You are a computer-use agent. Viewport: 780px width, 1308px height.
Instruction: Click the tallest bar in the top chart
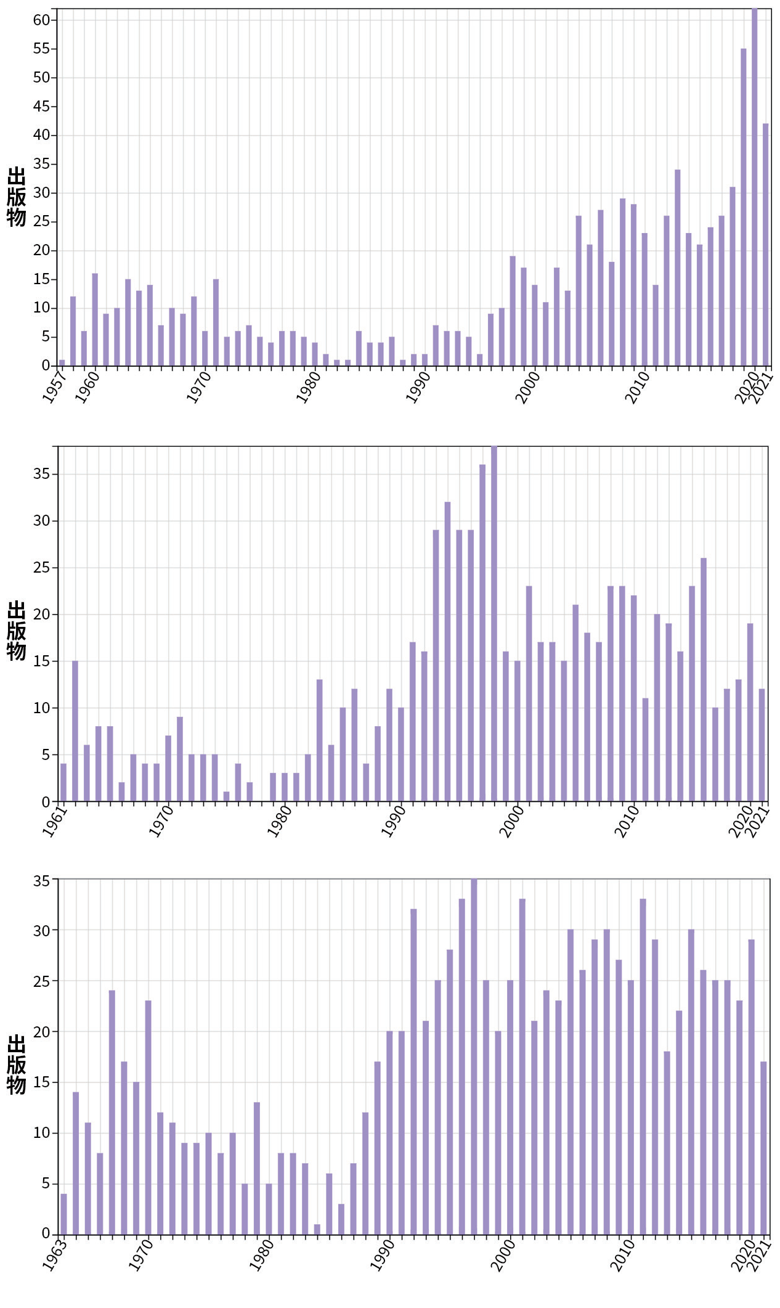point(754,185)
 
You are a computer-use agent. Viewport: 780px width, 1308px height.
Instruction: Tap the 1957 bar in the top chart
point(62,362)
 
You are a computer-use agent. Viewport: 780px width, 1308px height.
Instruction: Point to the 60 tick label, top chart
point(41,20)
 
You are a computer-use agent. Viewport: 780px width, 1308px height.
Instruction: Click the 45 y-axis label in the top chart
point(41,107)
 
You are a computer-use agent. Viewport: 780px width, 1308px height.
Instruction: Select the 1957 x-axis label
point(54,386)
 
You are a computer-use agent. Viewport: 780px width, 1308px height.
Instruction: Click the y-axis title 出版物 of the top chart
point(17,196)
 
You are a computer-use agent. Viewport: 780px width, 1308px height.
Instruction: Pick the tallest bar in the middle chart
point(494,623)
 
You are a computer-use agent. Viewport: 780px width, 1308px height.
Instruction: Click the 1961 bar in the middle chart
point(63,782)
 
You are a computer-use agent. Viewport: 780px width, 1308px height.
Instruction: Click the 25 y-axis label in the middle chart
point(41,568)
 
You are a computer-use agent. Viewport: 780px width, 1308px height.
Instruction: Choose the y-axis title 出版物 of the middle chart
point(17,630)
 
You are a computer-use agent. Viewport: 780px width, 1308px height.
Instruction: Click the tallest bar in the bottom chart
point(474,1057)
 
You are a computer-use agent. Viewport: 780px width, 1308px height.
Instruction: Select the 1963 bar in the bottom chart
point(63,1214)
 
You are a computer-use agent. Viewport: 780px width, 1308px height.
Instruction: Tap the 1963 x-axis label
point(54,1255)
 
